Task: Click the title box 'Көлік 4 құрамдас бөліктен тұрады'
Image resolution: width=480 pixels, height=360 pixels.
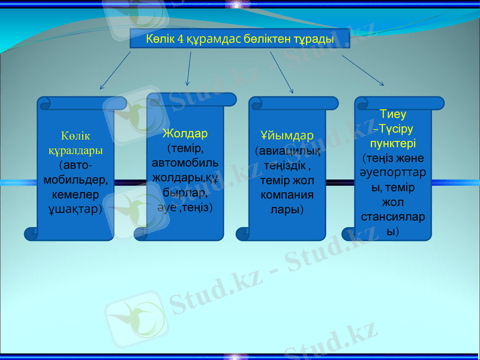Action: (239, 38)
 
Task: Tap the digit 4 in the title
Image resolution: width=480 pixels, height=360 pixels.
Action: (181, 39)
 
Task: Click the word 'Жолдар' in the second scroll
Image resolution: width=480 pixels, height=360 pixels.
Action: (185, 133)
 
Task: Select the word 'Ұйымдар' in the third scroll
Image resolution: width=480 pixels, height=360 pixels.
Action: (286, 136)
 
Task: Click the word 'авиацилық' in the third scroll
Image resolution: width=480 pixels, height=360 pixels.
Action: (287, 150)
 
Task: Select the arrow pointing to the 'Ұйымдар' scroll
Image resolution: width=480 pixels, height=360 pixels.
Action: (281, 72)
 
